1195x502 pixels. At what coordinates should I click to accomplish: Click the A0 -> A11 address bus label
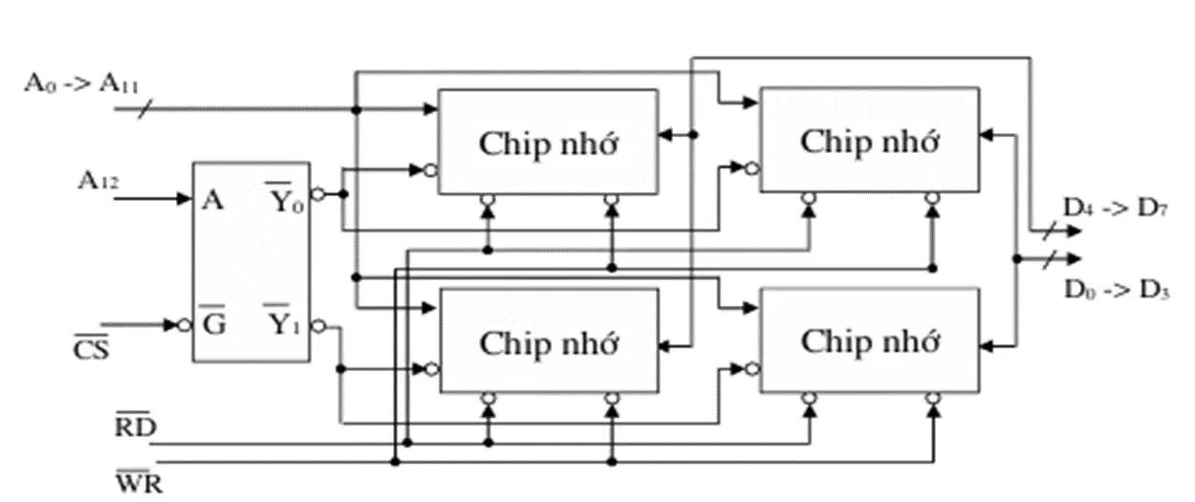coord(81,84)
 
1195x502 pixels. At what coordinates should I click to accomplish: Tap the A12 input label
coord(98,181)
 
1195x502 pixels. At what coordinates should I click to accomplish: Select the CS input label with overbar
coord(91,348)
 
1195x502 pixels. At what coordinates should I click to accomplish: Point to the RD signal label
coord(136,425)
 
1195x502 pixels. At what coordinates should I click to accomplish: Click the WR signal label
coord(140,481)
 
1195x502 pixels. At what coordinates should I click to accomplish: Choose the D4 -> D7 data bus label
coord(1116,207)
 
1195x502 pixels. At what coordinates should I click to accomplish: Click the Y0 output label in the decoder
coord(286,198)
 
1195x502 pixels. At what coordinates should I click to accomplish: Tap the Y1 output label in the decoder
coord(283,320)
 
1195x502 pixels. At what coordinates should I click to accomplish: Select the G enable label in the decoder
coord(213,321)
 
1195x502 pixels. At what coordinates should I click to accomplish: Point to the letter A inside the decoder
coord(213,201)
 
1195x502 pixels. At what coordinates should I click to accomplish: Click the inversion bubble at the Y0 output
coord(318,194)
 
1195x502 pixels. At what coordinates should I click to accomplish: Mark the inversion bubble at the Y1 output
coord(318,326)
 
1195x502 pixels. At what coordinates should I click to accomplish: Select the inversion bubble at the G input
coord(185,325)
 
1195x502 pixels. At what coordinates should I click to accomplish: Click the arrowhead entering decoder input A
coord(185,199)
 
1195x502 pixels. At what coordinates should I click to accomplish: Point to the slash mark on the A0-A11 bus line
coord(145,109)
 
